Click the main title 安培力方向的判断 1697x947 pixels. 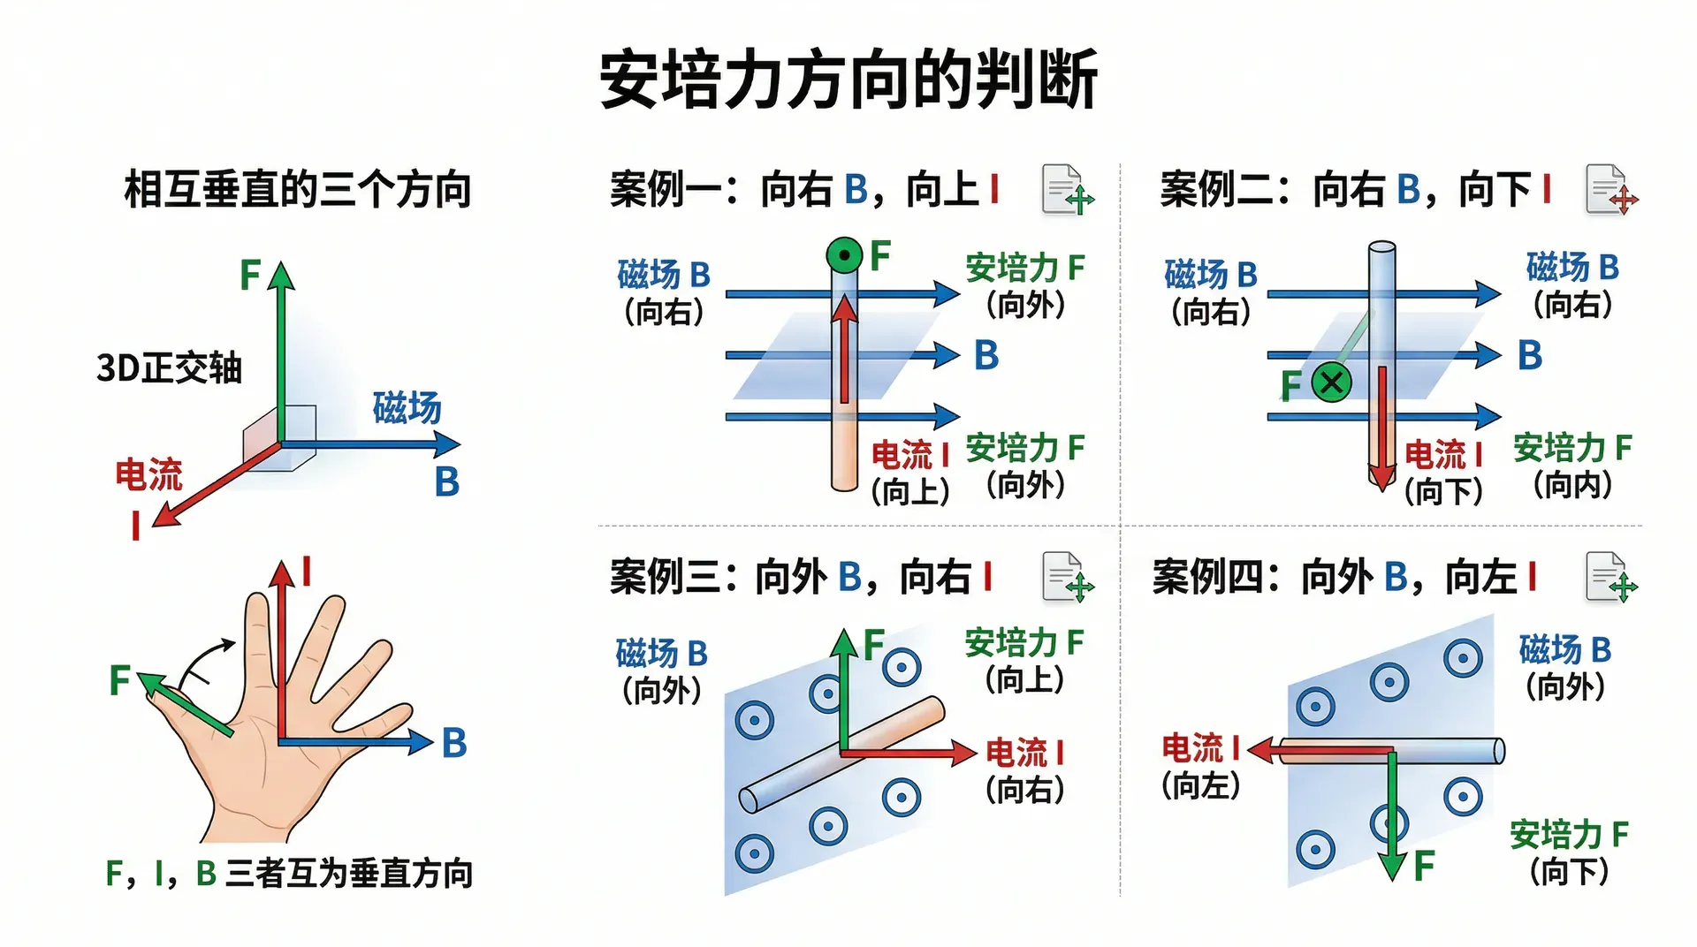[x=848, y=80]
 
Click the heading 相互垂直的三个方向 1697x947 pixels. [x=298, y=190]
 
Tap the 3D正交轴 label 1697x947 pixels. [x=169, y=367]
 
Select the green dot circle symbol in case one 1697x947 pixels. [x=844, y=256]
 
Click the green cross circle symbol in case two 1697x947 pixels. [x=1331, y=383]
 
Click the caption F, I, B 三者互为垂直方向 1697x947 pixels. [x=289, y=873]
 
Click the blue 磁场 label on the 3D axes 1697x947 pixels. [x=407, y=407]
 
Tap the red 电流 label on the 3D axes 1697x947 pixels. [x=148, y=474]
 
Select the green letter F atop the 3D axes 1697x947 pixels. [x=250, y=275]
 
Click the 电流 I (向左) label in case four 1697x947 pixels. [x=1200, y=766]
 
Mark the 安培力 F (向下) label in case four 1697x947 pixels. [x=1569, y=852]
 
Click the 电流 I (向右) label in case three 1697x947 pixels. [x=1024, y=770]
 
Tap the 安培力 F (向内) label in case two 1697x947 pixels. [x=1572, y=466]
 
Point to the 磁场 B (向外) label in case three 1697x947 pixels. [x=662, y=671]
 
